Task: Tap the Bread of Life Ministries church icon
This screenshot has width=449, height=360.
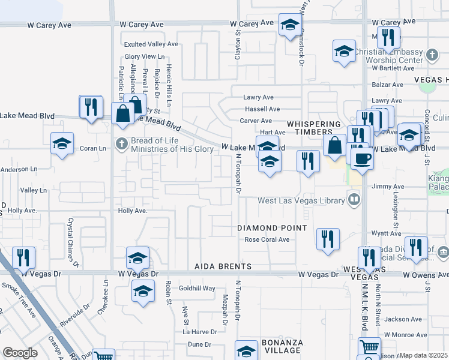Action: pyautogui.click(x=121, y=143)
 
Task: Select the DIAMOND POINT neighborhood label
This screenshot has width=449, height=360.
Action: pyautogui.click(x=272, y=228)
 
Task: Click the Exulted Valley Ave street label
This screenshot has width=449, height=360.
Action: pyautogui.click(x=151, y=44)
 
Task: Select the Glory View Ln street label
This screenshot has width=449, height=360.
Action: pyautogui.click(x=144, y=56)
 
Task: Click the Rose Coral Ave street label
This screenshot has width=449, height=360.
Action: pyautogui.click(x=267, y=239)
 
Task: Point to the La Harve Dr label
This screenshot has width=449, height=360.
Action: pyautogui.click(x=200, y=332)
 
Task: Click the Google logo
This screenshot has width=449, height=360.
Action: pyautogui.click(x=20, y=353)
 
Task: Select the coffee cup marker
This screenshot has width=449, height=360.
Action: pyautogui.click(x=363, y=158)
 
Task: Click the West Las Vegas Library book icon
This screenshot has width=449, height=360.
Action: pyautogui.click(x=355, y=199)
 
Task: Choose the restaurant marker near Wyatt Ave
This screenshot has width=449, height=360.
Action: pyautogui.click(x=327, y=239)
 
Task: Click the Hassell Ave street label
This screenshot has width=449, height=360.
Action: pyautogui.click(x=262, y=109)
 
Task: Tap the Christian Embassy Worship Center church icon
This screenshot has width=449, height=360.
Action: pyautogui.click(x=432, y=55)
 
